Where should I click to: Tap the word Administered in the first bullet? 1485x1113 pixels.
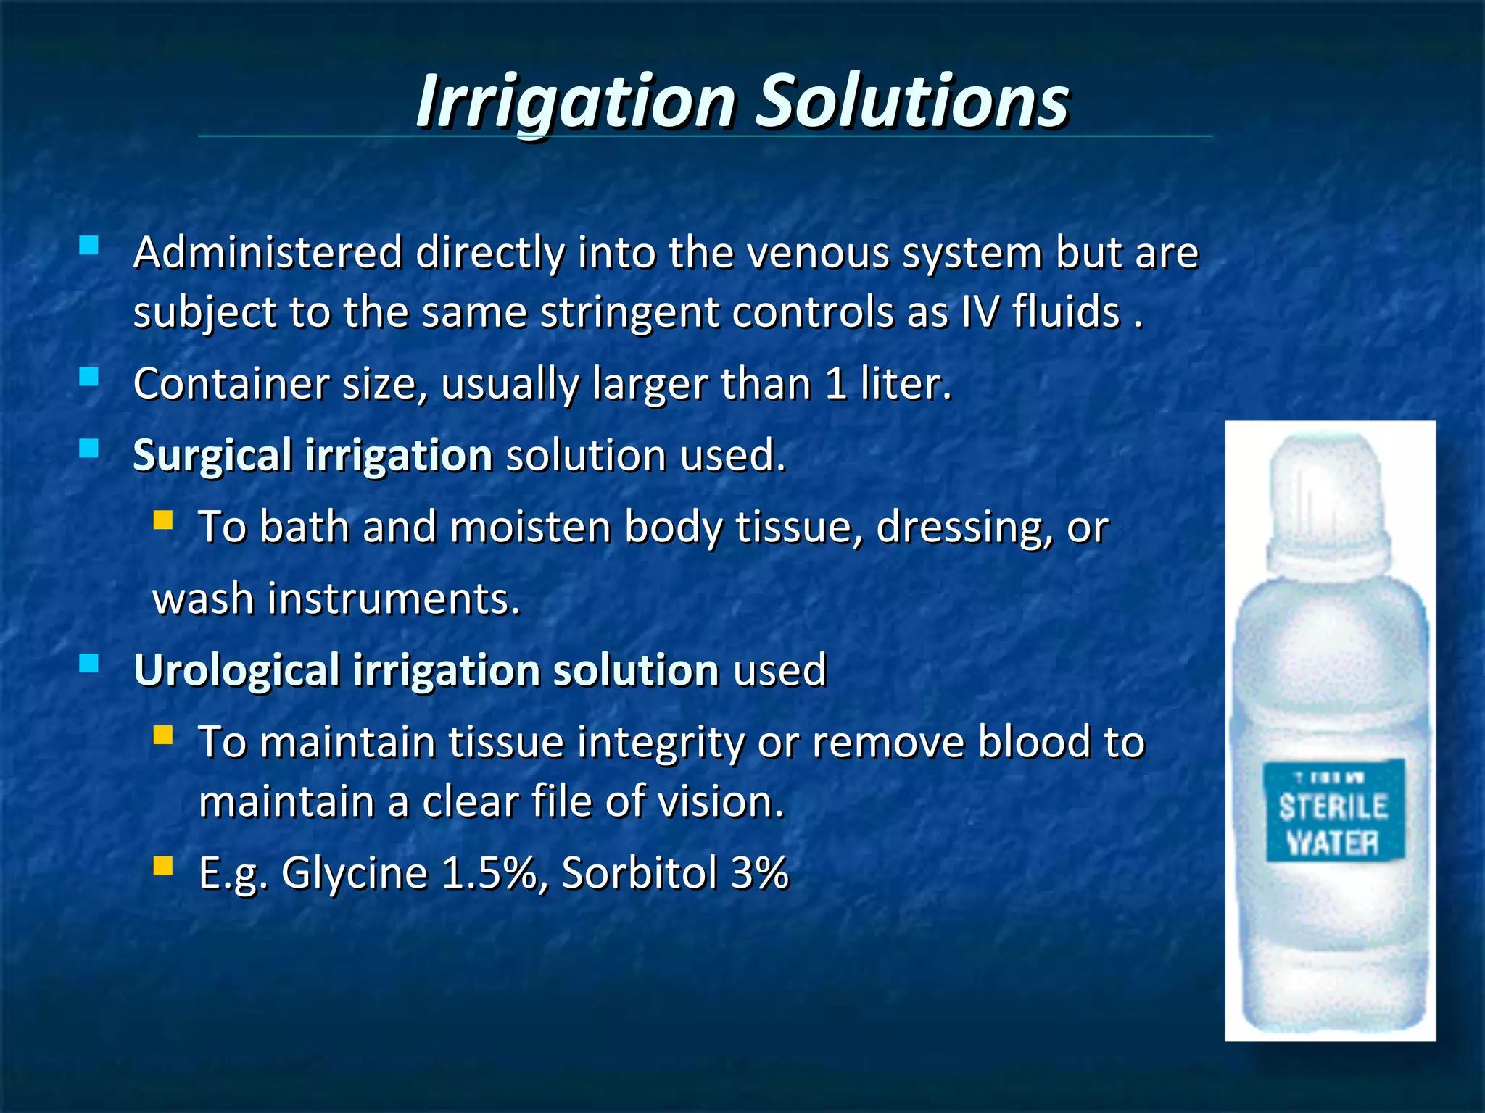tap(268, 253)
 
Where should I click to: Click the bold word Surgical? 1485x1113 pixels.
tap(212, 456)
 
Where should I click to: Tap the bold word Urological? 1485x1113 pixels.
tap(236, 670)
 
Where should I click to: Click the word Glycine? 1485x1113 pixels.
tap(355, 872)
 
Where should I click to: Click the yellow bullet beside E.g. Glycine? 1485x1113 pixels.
tap(163, 866)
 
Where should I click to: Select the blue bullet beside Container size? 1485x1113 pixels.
tap(88, 377)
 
